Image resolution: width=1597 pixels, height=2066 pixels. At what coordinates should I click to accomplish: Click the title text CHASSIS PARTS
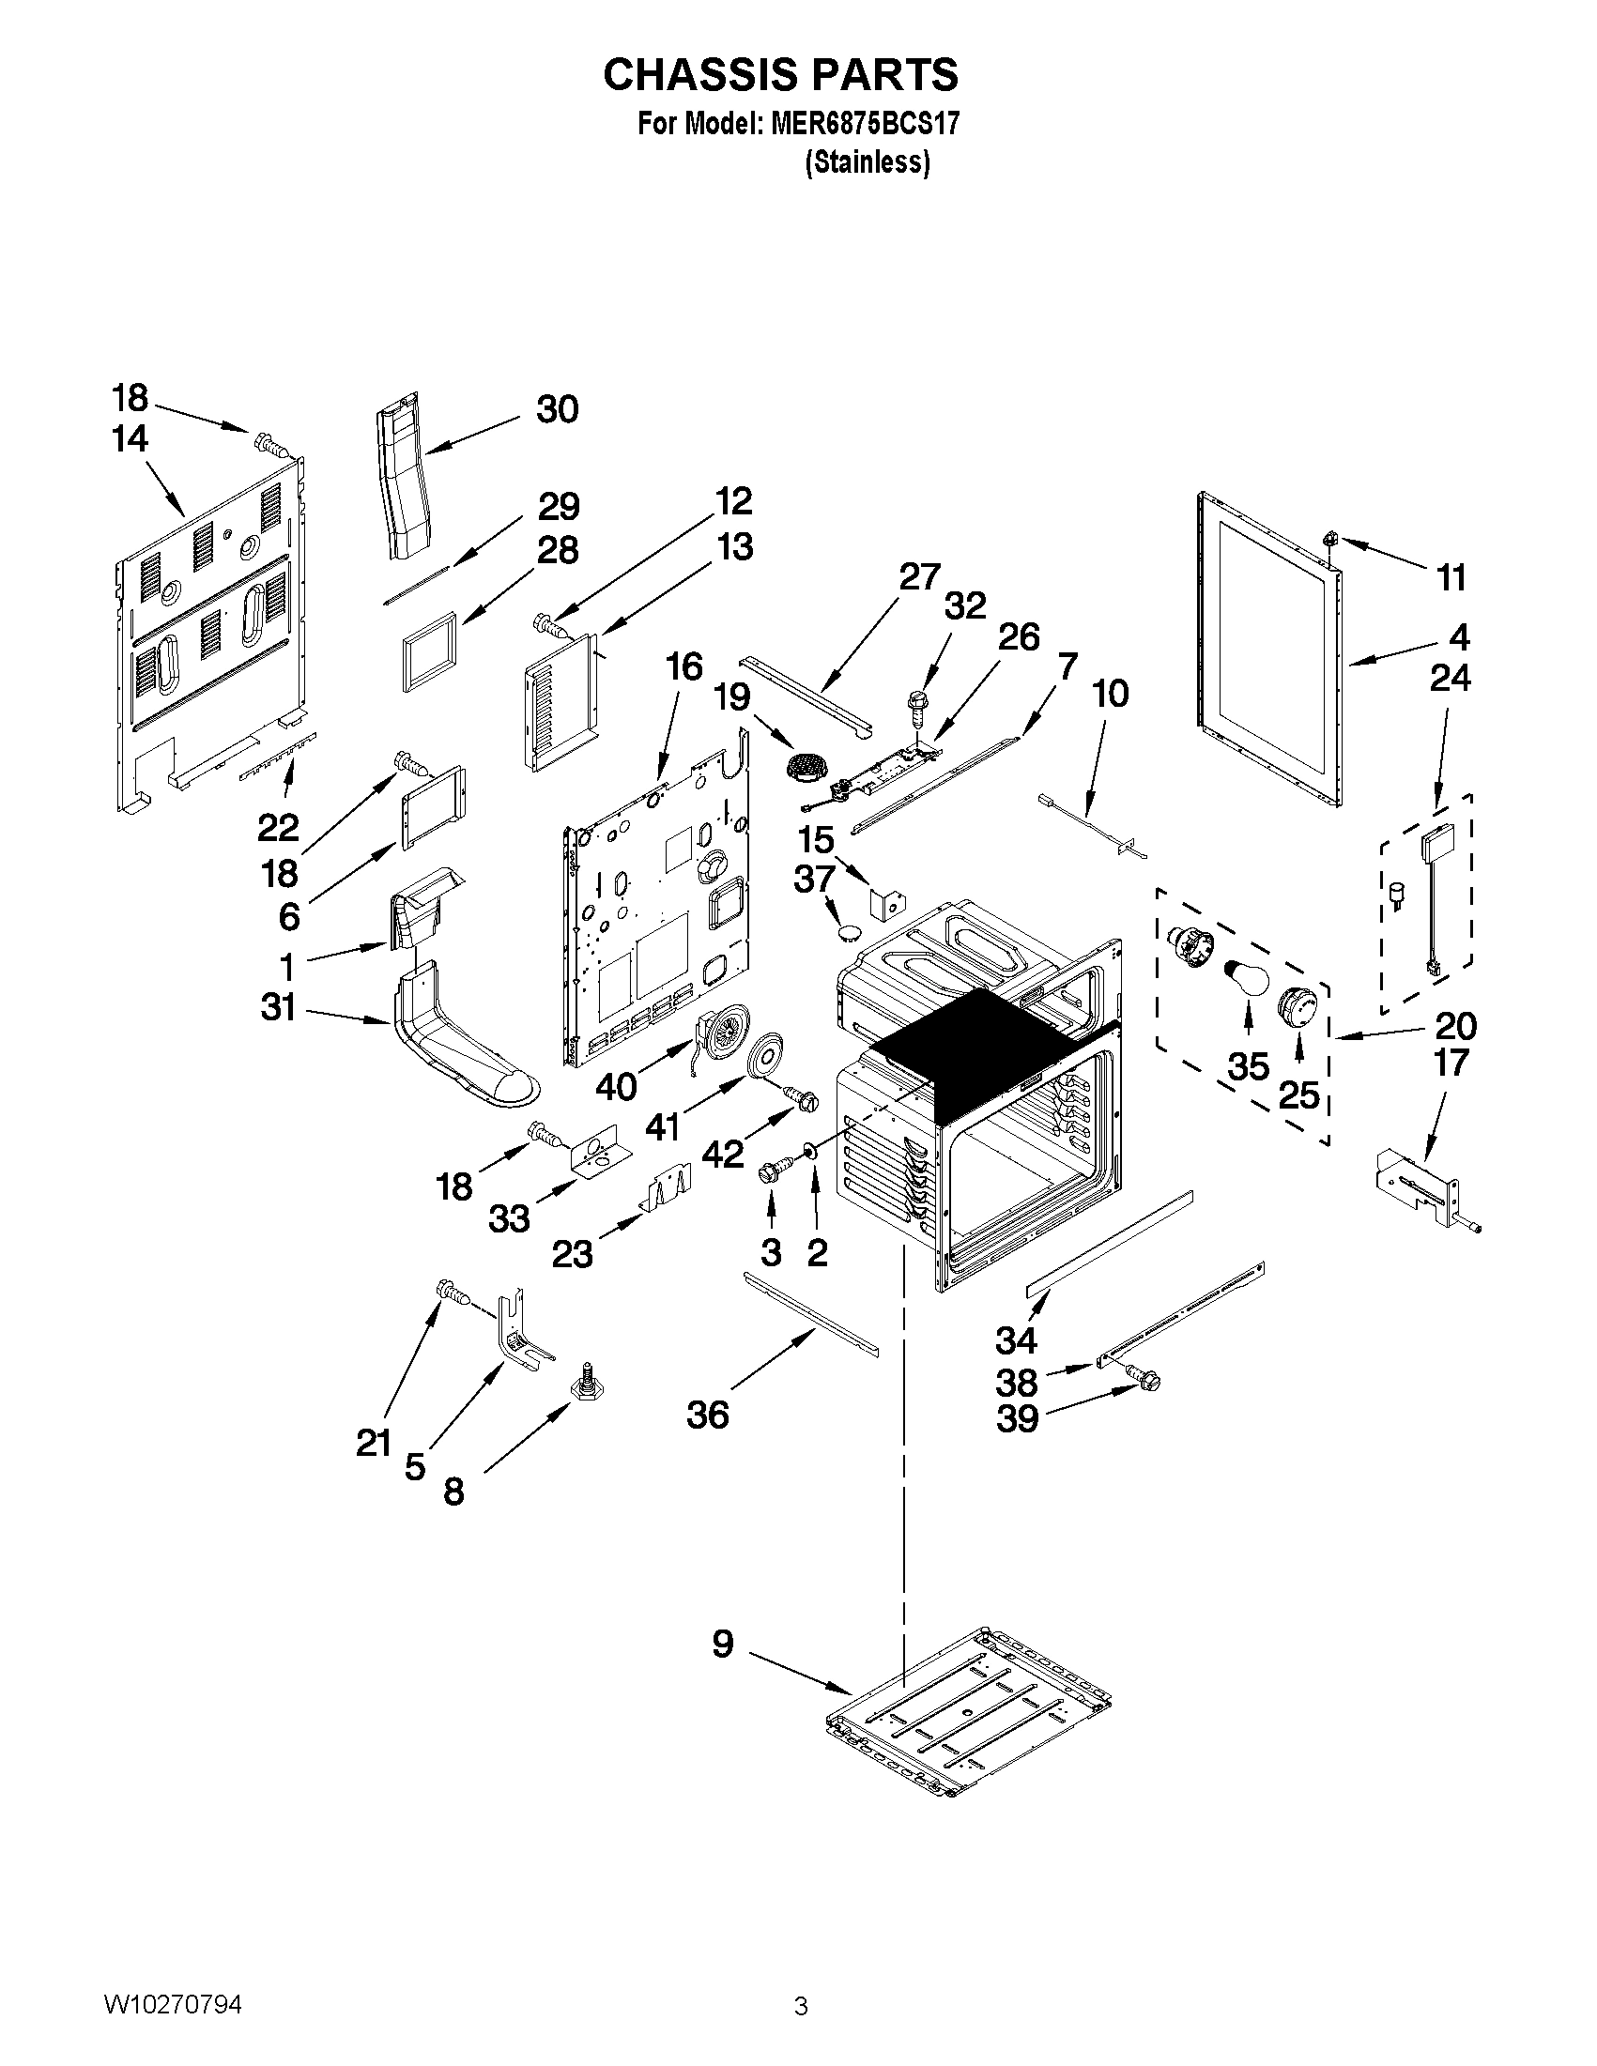[x=780, y=74]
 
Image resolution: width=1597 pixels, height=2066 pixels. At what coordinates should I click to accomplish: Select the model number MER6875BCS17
[x=859, y=124]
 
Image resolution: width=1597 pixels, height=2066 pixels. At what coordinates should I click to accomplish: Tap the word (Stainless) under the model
[x=867, y=162]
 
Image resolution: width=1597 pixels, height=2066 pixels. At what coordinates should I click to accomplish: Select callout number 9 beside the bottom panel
[x=723, y=1645]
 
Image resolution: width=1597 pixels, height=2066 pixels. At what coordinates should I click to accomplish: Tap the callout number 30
[x=557, y=409]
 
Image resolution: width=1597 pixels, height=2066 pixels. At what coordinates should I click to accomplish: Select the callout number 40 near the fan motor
[x=616, y=1087]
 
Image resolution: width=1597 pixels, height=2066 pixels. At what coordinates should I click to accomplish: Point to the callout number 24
[x=1451, y=679]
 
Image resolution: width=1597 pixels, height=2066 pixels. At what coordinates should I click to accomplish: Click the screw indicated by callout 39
[x=1144, y=1382]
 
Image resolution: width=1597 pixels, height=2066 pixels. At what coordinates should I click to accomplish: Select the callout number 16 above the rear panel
[x=684, y=666]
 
